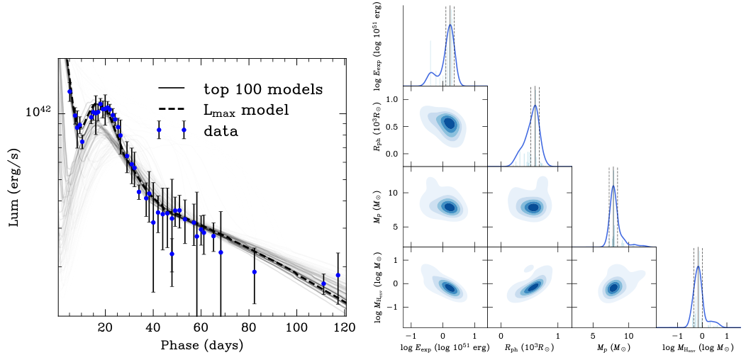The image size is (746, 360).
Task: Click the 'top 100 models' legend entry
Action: pyautogui.click(x=263, y=89)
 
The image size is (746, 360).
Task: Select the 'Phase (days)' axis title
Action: pyautogui.click(x=202, y=345)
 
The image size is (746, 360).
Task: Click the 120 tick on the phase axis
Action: pyautogui.click(x=345, y=328)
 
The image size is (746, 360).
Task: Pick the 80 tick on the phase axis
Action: pyautogui.click(x=249, y=328)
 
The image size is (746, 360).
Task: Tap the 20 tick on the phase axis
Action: pyautogui.click(x=105, y=328)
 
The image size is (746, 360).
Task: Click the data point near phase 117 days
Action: pyautogui.click(x=338, y=275)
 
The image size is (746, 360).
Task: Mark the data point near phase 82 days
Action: pyautogui.click(x=254, y=272)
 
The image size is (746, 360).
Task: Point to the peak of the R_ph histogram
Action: pyautogui.click(x=535, y=106)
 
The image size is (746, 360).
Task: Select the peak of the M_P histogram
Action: pyautogui.click(x=613, y=186)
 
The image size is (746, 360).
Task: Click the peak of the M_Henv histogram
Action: pyautogui.click(x=698, y=266)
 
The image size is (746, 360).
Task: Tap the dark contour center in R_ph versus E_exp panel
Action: pyautogui.click(x=449, y=123)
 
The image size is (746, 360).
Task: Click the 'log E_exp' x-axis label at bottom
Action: pyautogui.click(x=446, y=349)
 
